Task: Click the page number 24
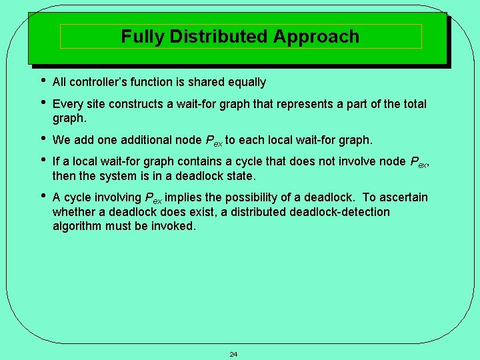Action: [x=233, y=354]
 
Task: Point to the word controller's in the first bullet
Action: [x=98, y=83]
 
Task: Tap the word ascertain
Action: [x=403, y=197]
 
